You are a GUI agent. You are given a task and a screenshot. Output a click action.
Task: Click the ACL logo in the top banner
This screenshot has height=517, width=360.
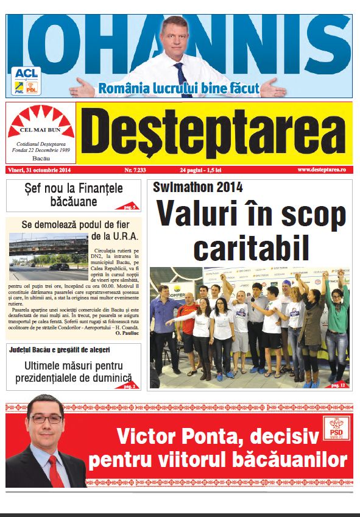click(26, 73)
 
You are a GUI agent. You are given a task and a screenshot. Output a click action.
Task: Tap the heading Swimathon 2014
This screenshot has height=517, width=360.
click(197, 187)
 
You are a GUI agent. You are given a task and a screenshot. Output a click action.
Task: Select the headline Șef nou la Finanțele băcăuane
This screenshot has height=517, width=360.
click(74, 194)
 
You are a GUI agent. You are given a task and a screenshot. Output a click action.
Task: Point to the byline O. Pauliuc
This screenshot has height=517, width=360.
click(126, 333)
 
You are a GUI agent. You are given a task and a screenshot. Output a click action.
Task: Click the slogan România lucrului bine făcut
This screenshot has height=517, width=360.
click(179, 88)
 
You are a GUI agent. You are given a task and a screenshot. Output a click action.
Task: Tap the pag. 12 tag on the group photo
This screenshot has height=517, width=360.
click(338, 385)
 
